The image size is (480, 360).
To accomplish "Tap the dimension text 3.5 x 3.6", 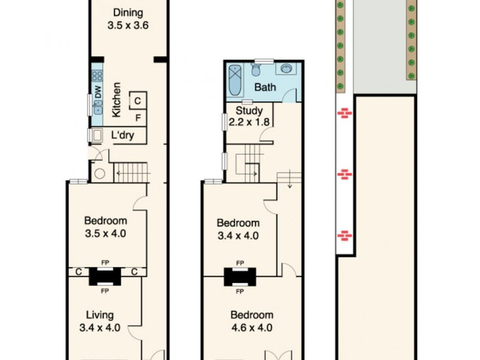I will (127, 26).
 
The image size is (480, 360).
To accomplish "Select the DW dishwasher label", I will (97, 92).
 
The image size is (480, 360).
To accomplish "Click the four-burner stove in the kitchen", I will (97, 76).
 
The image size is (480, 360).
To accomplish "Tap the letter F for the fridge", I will (137, 118).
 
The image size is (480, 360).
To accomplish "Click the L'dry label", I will (122, 136).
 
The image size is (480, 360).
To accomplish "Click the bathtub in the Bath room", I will (236, 81).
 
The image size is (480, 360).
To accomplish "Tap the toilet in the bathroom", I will (256, 71).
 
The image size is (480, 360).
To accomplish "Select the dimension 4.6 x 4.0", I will (251, 328).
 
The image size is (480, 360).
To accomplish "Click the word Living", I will (100, 315).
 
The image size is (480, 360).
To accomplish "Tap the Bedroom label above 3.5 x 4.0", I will (106, 220).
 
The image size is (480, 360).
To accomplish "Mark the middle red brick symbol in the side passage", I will (344, 175).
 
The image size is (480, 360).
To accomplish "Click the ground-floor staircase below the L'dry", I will (131, 172).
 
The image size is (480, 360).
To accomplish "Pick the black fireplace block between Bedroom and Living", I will (105, 277).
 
